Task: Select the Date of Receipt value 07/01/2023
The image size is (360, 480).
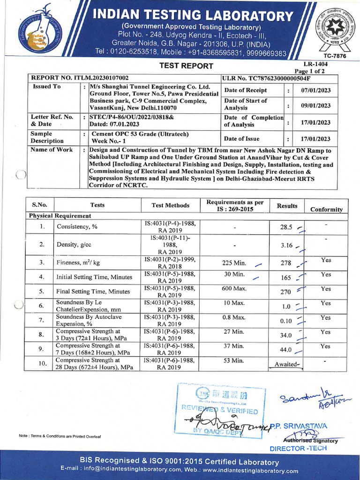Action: click(x=315, y=90)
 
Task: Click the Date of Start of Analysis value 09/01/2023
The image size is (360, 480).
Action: click(x=315, y=105)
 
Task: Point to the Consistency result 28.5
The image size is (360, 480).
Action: click(x=286, y=227)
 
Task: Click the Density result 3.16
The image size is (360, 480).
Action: click(x=286, y=245)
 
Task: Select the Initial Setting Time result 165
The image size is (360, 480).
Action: click(x=286, y=277)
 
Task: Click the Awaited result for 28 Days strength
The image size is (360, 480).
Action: click(x=287, y=364)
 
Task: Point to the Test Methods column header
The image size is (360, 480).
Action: click(x=171, y=205)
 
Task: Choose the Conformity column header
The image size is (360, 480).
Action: click(x=326, y=210)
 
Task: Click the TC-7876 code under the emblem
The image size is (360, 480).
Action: click(x=335, y=55)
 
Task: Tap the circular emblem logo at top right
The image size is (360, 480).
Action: click(x=335, y=27)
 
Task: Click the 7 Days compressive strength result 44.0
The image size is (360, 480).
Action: click(x=286, y=350)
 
